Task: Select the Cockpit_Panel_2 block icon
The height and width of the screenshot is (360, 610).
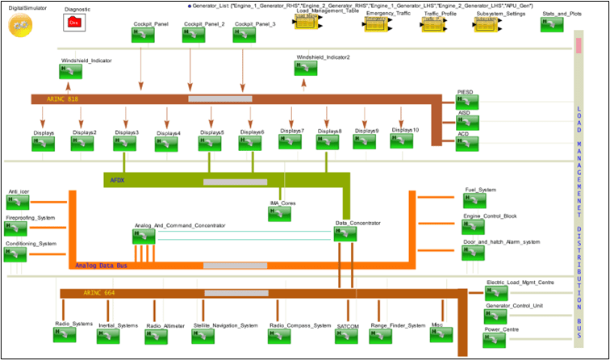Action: point(195,38)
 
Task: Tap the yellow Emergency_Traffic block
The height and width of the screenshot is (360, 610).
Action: point(377,26)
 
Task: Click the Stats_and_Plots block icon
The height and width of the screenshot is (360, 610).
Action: point(552,24)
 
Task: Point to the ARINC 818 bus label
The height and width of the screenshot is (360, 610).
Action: point(63,98)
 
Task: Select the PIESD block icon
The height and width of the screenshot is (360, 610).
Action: point(467,106)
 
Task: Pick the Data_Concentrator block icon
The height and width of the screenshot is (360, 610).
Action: point(346,234)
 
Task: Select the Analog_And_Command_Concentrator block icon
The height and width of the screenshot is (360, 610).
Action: point(144,236)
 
